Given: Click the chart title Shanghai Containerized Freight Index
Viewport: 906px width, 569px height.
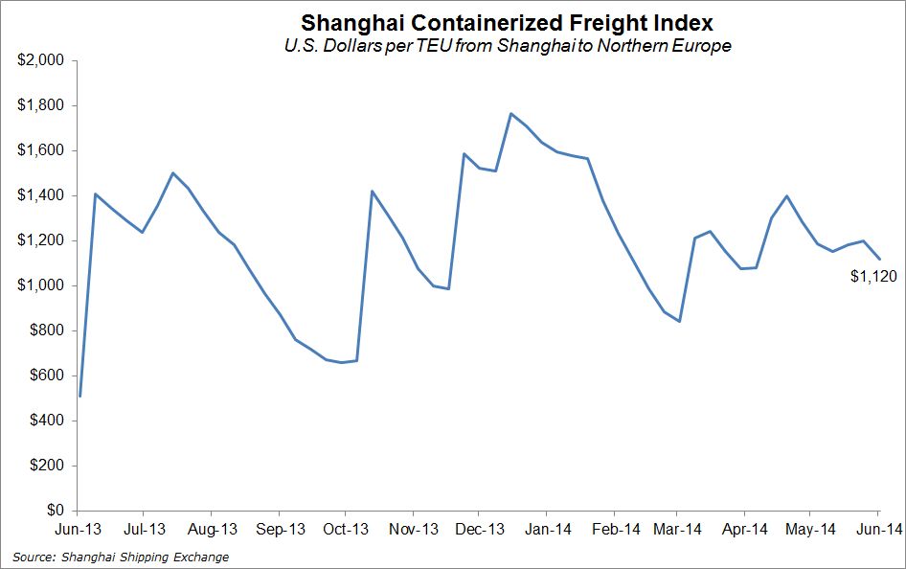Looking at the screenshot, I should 507,22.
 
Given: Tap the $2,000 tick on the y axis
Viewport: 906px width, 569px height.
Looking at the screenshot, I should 40,60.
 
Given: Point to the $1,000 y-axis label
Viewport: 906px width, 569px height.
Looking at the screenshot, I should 40,285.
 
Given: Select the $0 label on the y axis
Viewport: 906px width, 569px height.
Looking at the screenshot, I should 54,511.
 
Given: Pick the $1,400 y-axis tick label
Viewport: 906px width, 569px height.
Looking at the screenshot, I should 40,195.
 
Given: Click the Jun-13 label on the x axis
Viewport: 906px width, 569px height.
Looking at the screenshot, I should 79,528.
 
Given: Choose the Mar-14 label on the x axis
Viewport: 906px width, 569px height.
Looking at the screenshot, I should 678,528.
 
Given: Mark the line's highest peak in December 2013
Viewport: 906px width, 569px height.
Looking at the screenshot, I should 511,113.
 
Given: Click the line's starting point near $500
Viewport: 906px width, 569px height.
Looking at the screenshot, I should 79,396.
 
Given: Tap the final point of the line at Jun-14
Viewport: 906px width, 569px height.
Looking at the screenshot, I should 880,259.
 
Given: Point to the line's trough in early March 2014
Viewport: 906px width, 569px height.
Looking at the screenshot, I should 679,321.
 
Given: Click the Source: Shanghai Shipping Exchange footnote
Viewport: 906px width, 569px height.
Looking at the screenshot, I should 121,557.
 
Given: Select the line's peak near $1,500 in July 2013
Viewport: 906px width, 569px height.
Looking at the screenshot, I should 172,173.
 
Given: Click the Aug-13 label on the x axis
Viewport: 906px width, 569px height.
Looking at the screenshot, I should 213,528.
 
